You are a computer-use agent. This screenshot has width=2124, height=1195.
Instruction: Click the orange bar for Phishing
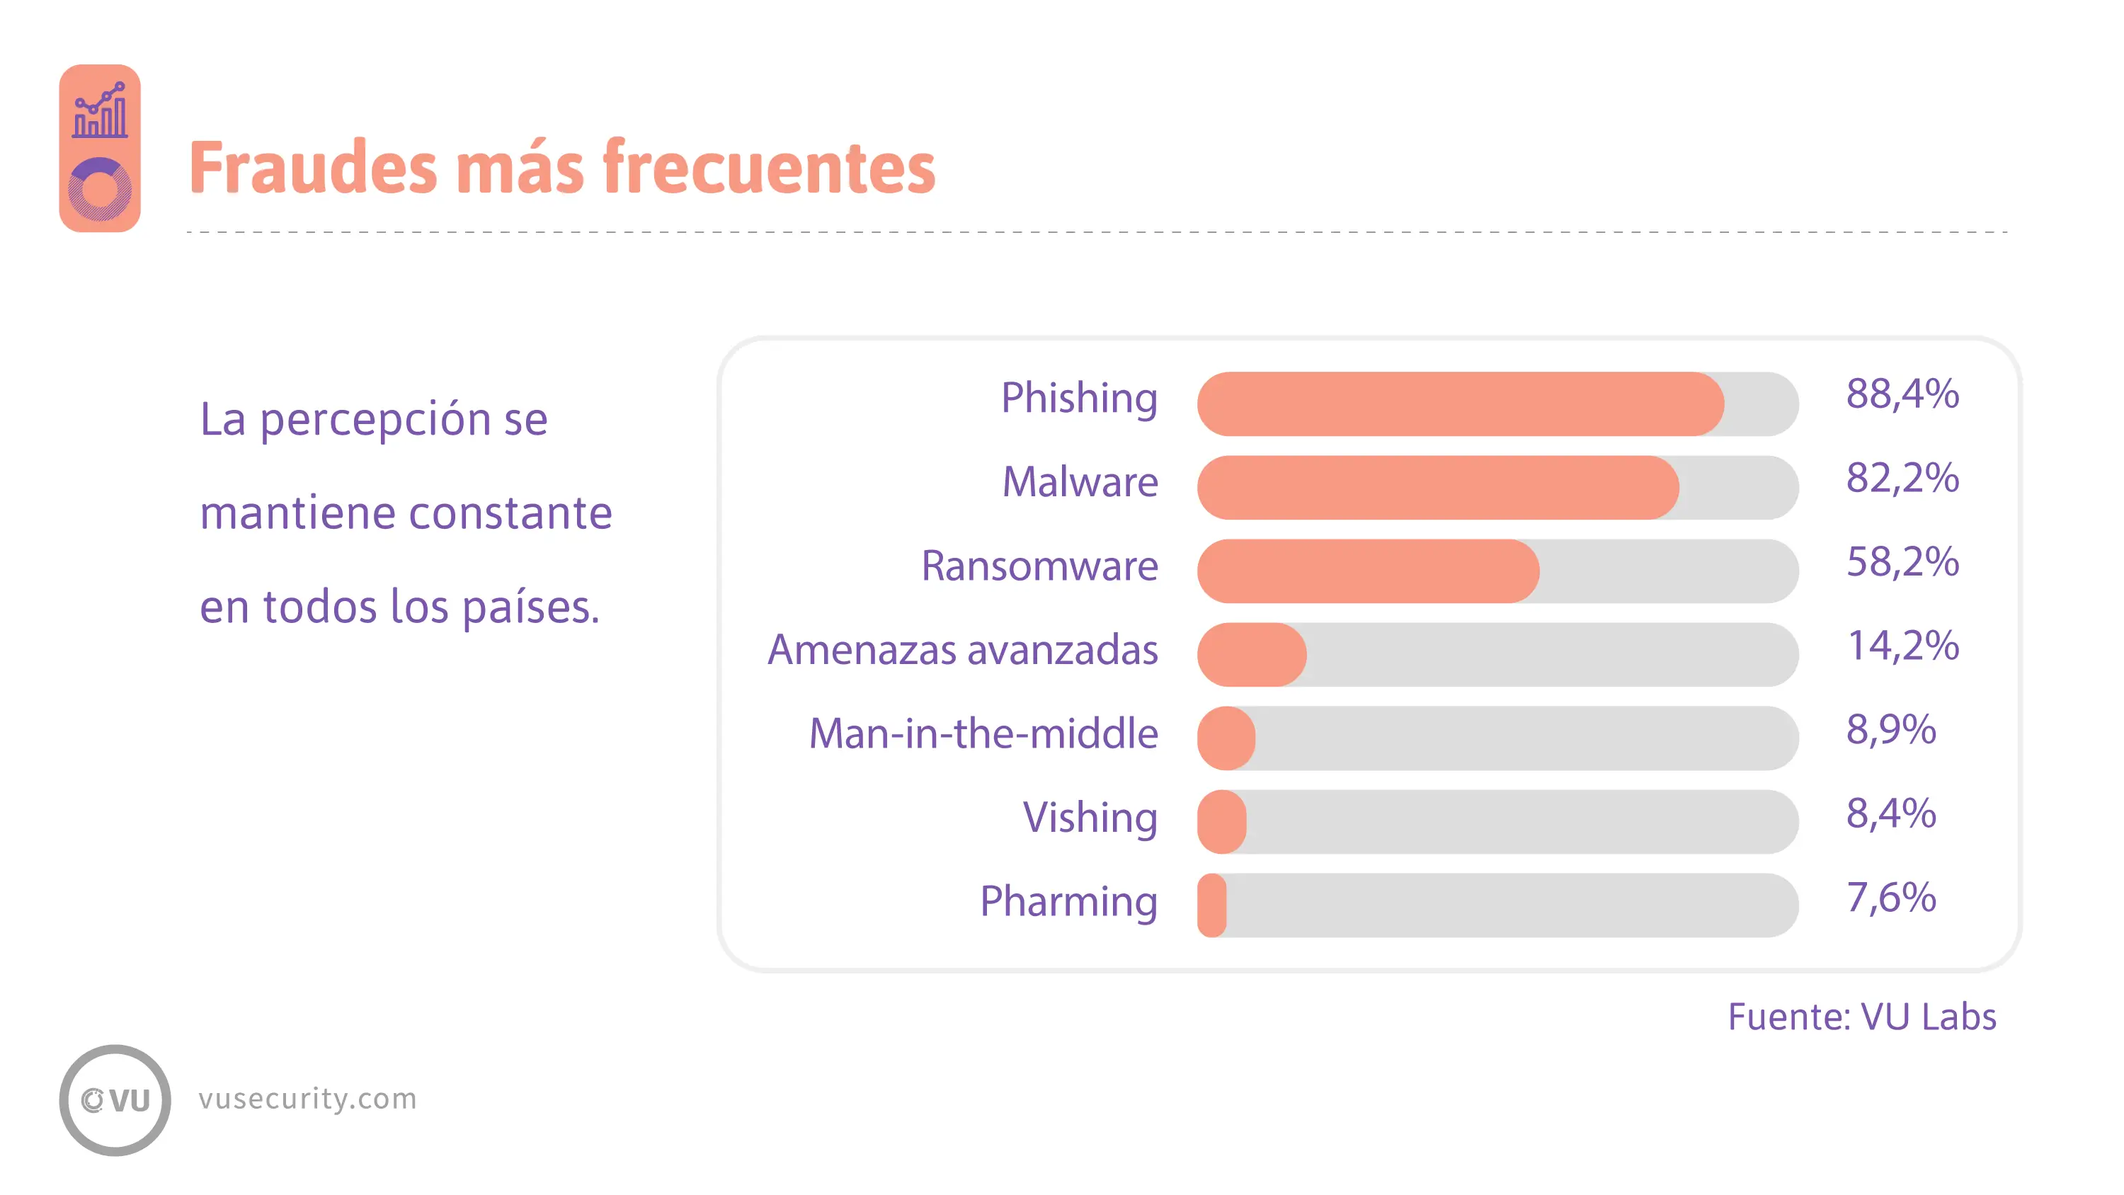[x=1460, y=404]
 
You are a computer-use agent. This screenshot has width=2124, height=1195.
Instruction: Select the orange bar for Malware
[x=1438, y=487]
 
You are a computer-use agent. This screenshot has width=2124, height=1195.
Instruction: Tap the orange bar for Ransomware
[x=1368, y=571]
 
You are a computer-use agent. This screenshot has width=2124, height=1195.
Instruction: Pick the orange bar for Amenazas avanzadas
[x=1252, y=655]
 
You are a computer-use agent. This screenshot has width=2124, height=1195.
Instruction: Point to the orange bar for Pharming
[x=1212, y=905]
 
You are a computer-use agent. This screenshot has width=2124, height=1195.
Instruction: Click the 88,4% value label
[x=1902, y=394]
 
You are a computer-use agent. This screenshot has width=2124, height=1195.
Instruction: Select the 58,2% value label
[x=1902, y=562]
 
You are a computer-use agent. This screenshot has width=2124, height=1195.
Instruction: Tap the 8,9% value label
[x=1890, y=730]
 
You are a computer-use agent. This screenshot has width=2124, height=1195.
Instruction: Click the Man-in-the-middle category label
[x=983, y=733]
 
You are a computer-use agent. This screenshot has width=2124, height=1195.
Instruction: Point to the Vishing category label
[x=1090, y=818]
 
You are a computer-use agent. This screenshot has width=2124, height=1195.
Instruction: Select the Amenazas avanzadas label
[x=963, y=650]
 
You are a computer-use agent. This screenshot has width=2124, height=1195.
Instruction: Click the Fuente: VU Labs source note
[x=1862, y=1017]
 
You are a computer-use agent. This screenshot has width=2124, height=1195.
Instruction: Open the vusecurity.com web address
[x=307, y=1099]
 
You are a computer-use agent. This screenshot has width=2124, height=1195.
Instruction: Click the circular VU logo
[x=115, y=1100]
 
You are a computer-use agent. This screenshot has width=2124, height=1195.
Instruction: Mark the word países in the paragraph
[x=530, y=608]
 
